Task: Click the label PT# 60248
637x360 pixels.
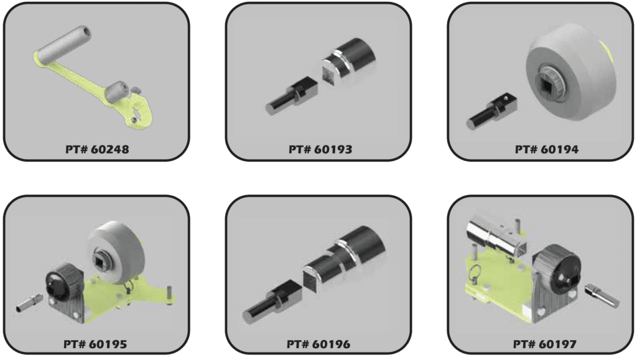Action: (x=96, y=149)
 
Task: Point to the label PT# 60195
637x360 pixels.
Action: (x=96, y=343)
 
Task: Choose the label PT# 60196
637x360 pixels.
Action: (x=318, y=343)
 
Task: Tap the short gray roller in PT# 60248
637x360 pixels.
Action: (x=118, y=93)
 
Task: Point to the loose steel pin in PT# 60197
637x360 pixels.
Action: (x=600, y=292)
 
